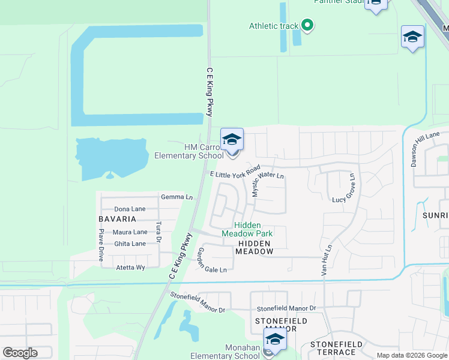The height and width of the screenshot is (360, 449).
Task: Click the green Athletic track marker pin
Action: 307,25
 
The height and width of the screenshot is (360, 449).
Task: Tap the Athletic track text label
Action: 274,26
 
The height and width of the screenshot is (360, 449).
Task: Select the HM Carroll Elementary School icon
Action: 232,140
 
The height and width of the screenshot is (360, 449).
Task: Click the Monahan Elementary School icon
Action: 276,340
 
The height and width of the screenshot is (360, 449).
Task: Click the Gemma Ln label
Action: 177,197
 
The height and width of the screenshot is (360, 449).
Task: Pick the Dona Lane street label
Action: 130,209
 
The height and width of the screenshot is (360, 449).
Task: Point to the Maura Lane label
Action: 130,232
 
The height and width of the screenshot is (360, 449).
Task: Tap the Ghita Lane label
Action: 130,244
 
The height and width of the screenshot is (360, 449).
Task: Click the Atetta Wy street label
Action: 130,267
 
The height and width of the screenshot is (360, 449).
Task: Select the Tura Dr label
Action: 158,233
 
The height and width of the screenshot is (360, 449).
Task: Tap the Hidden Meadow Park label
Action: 247,229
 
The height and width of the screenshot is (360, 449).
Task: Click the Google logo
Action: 20,353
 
